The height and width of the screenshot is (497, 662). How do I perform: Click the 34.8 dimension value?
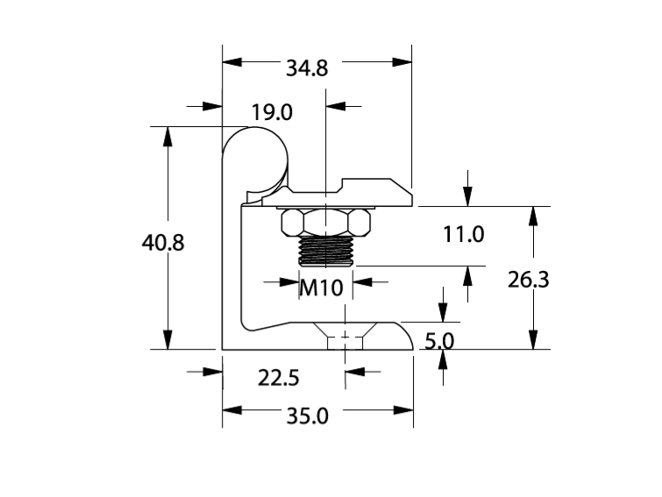(x=307, y=67)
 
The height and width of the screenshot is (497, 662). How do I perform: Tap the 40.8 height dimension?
(x=163, y=243)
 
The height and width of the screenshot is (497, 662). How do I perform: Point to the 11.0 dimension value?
(x=464, y=234)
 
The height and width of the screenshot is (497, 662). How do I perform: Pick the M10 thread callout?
(x=320, y=287)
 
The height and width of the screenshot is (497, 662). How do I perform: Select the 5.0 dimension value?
(x=439, y=341)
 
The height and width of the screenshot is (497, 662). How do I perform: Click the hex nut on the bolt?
(x=325, y=224)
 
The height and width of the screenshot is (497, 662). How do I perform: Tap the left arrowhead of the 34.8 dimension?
(x=231, y=61)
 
